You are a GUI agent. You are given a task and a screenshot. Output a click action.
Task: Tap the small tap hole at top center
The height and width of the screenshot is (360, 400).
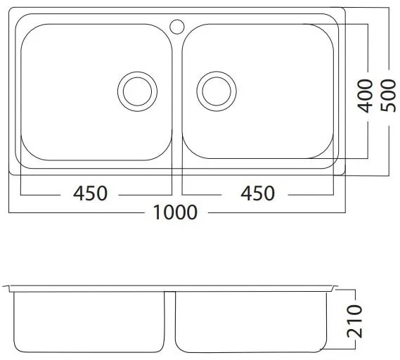click(x=176, y=27)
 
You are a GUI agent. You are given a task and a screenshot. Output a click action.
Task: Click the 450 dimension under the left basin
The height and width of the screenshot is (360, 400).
click(x=91, y=193)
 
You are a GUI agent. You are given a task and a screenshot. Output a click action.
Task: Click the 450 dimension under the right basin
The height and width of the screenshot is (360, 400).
click(x=258, y=193)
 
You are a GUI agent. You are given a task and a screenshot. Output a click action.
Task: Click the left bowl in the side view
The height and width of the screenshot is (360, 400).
click(x=90, y=321)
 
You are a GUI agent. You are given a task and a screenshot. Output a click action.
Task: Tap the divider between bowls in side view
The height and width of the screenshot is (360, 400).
click(x=169, y=320)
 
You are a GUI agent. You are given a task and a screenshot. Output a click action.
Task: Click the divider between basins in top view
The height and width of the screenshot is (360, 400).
click(x=176, y=98)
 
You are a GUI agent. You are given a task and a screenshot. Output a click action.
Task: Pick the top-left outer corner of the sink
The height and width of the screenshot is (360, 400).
click(x=10, y=11)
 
